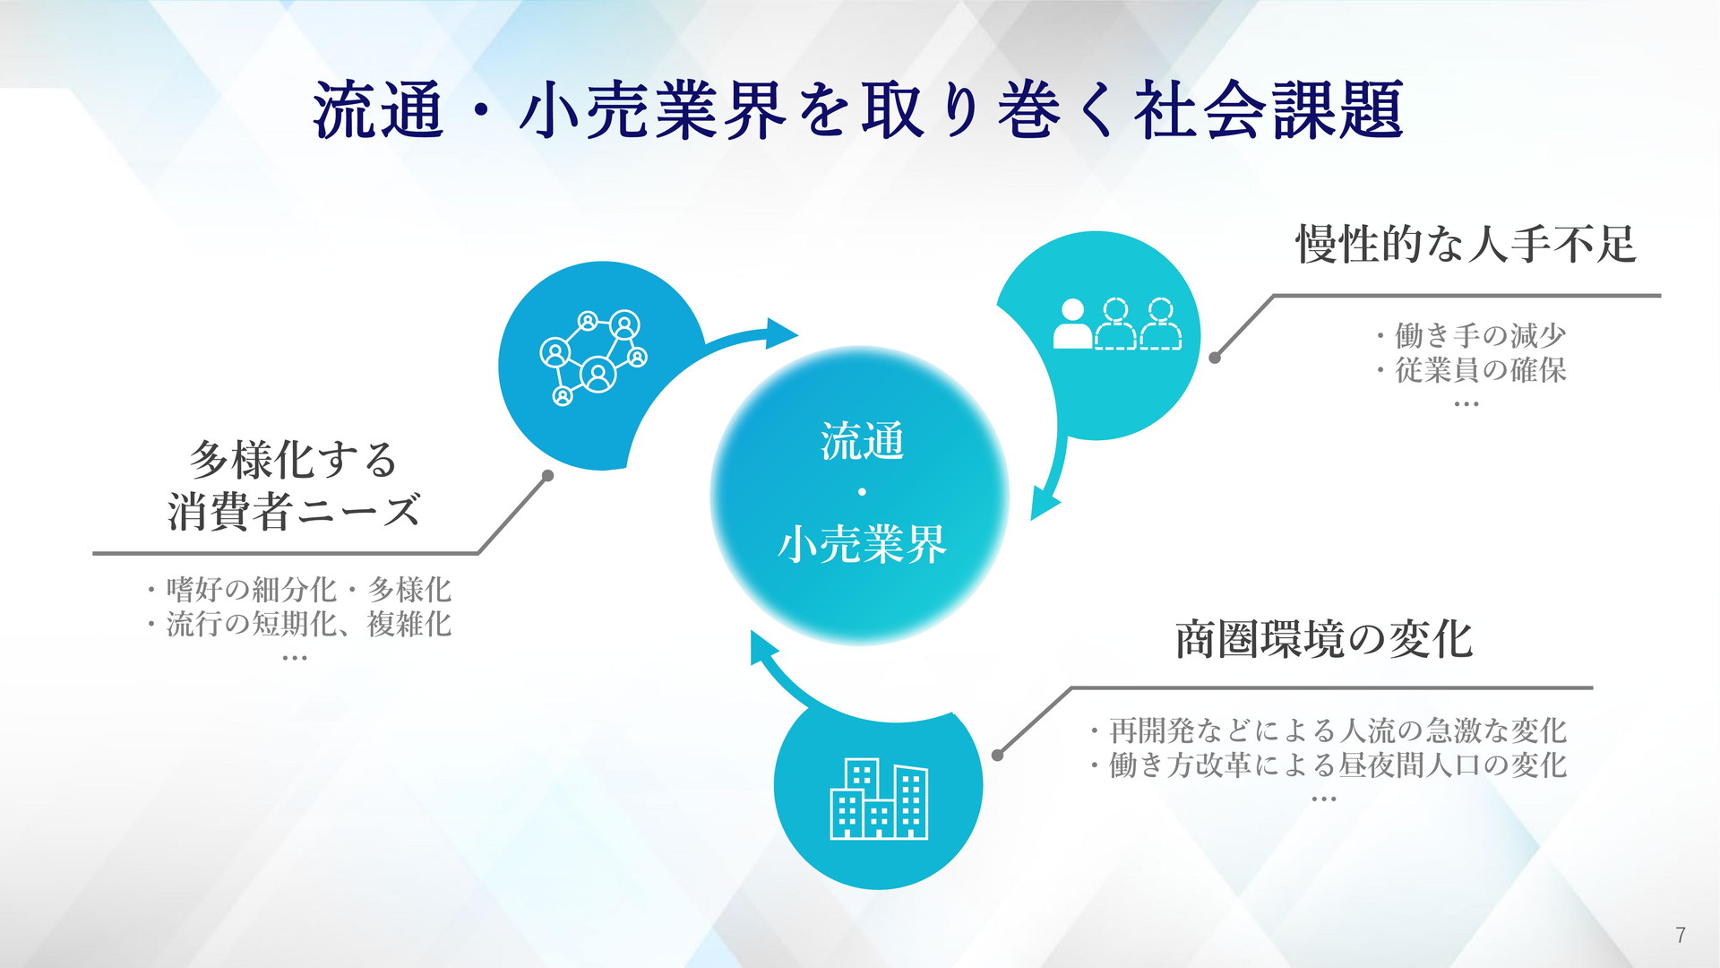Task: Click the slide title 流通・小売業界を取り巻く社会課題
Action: coord(858,111)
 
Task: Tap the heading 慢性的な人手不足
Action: coord(1466,244)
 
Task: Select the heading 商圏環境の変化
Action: coord(1324,640)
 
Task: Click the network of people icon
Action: coord(593,358)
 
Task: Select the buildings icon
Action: coord(879,799)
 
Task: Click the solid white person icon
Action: coord(1072,324)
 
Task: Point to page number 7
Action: coord(1681,935)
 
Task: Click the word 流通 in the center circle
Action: coord(862,441)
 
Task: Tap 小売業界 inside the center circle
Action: coord(862,543)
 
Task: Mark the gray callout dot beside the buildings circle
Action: coord(998,756)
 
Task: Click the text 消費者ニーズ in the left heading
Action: coord(294,512)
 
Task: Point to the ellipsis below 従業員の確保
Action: coord(1466,404)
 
